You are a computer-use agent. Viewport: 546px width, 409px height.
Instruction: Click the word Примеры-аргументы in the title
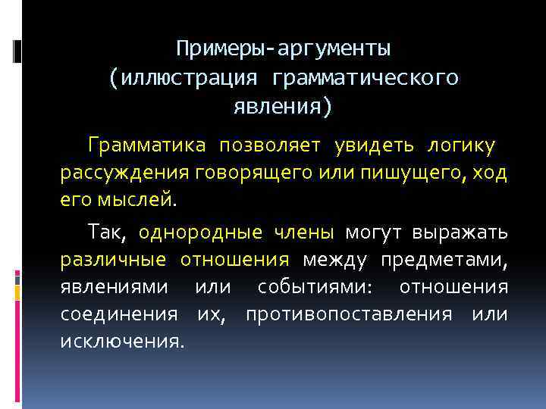[284, 50]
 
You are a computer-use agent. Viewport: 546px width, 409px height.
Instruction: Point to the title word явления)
[283, 106]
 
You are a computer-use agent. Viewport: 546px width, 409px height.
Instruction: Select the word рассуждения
[124, 173]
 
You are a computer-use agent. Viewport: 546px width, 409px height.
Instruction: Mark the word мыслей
[138, 201]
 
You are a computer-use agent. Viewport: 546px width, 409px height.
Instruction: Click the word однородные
[201, 232]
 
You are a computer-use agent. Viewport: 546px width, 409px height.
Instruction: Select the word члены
[303, 232]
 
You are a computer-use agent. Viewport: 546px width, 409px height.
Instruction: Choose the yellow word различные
[113, 260]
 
